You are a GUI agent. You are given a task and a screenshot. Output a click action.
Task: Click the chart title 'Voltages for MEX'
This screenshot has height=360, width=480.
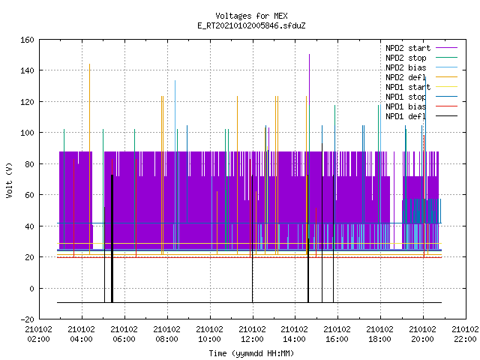pos(251,16)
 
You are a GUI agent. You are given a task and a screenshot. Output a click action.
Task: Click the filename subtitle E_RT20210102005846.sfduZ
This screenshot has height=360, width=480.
pos(251,25)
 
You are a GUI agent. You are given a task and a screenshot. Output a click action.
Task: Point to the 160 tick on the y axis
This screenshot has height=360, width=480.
pos(27,40)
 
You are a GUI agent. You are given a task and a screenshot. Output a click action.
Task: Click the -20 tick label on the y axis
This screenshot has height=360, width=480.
pos(27,319)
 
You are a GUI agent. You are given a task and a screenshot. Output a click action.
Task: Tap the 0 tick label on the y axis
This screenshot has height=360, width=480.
pos(31,288)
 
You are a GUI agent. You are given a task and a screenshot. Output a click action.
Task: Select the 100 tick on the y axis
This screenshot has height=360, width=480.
pos(27,133)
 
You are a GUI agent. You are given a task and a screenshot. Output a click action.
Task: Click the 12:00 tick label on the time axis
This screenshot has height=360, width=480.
pos(252,334)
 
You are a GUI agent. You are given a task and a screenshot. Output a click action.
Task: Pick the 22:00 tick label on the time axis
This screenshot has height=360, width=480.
pos(465,334)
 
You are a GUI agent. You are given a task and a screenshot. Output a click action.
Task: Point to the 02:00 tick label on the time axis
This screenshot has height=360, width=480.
pos(38,334)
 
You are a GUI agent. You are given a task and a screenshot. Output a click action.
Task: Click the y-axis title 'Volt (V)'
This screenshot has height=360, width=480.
pos(9,180)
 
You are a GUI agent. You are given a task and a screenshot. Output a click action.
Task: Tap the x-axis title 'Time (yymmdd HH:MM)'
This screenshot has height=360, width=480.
pos(251,353)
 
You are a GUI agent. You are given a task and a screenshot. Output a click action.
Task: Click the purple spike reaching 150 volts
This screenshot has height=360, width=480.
pos(309,79)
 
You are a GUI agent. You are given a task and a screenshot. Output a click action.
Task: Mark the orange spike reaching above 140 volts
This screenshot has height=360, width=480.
pos(89,159)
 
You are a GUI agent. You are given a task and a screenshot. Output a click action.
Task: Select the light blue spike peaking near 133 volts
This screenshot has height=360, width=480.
pos(175,165)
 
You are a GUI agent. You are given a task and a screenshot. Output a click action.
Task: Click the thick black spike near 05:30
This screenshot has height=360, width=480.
pos(112,238)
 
